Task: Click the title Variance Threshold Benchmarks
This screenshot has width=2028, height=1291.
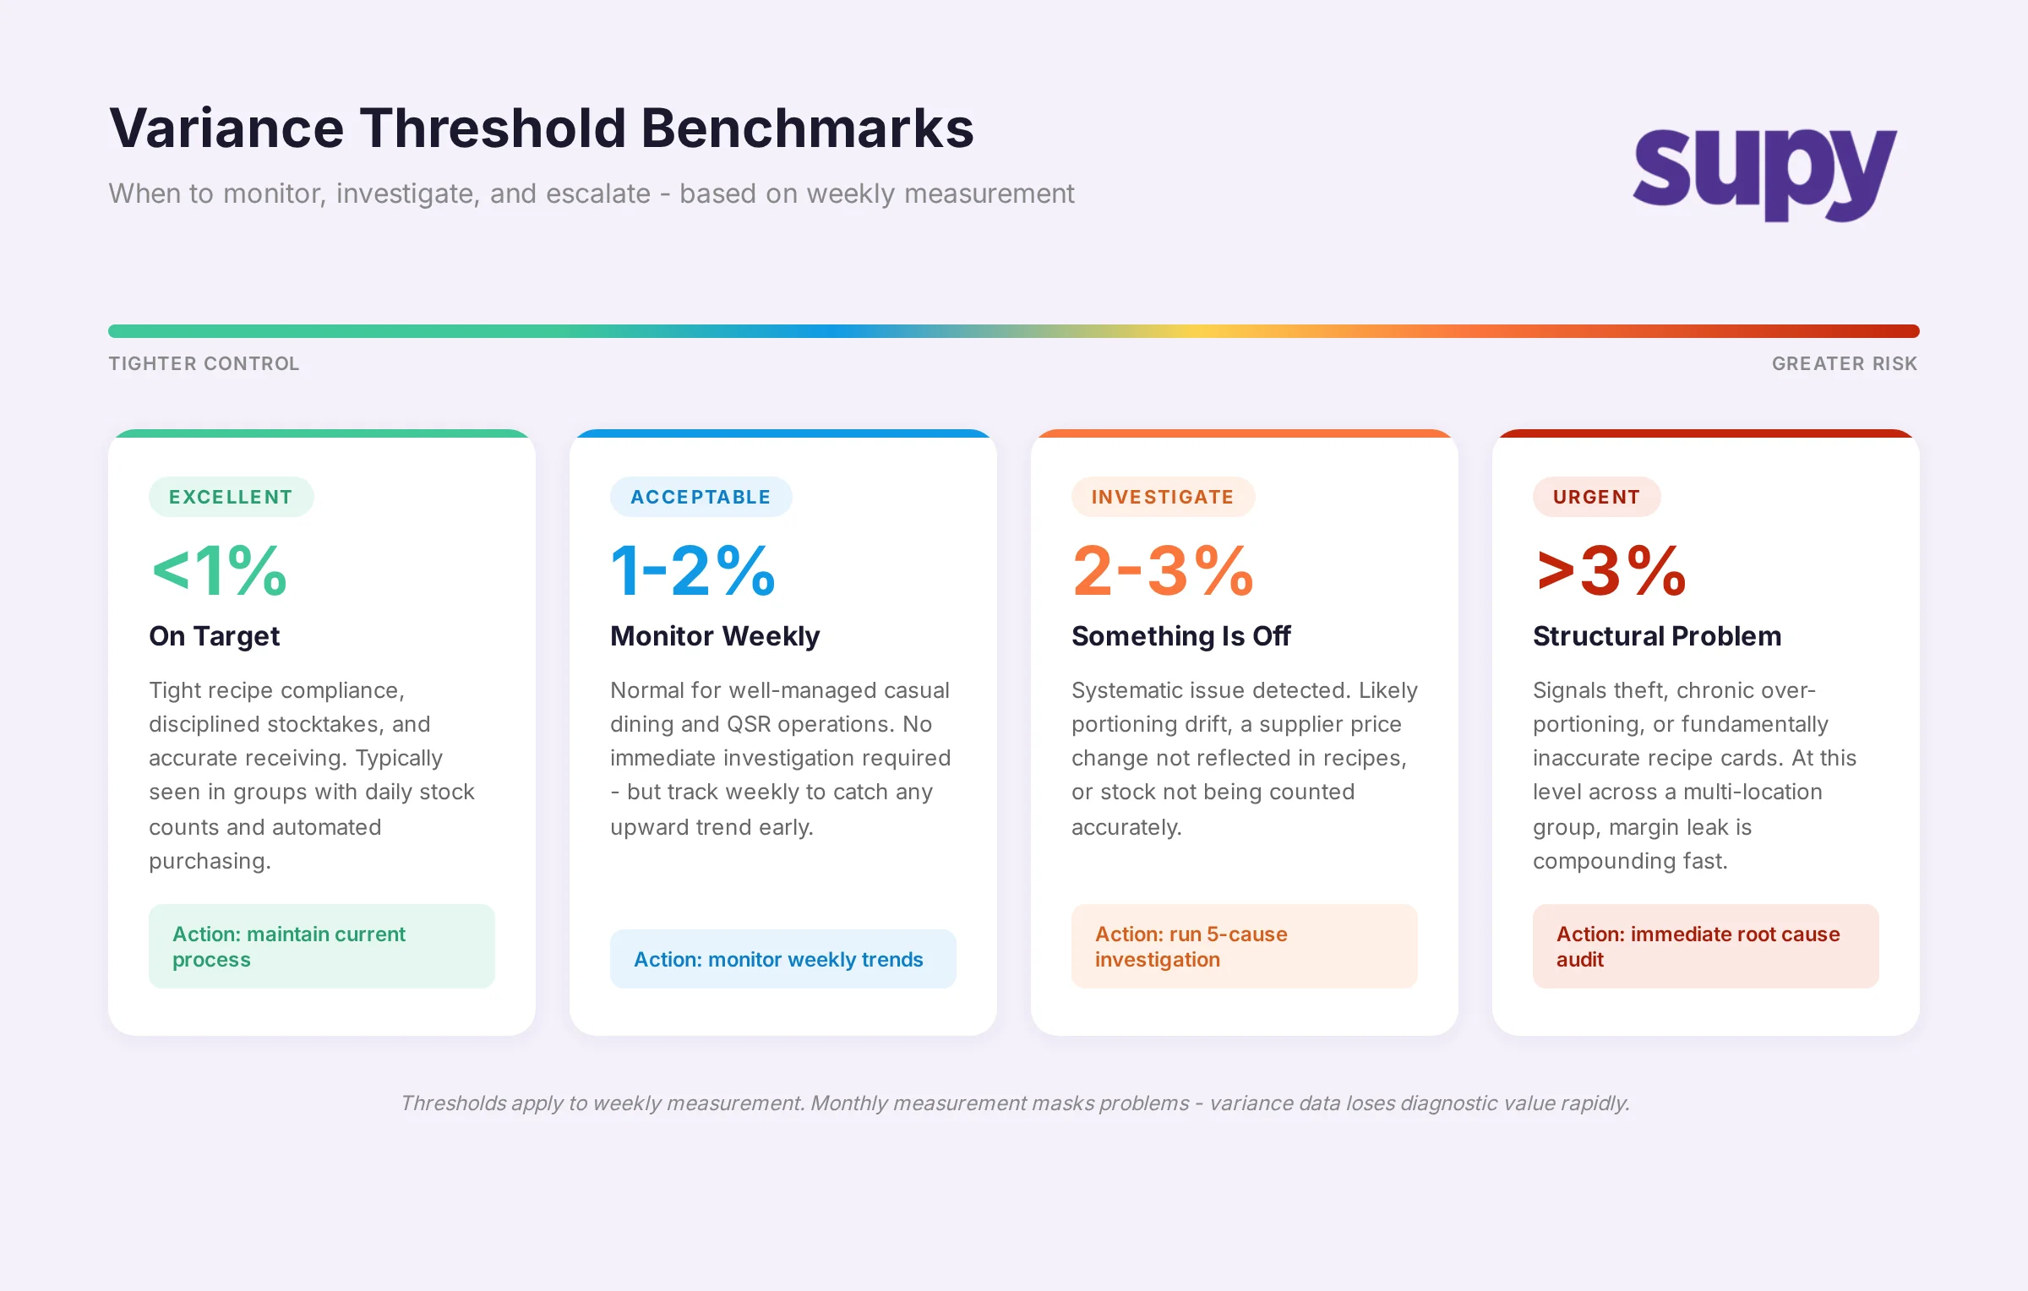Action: (541, 128)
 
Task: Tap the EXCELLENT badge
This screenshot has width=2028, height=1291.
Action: (231, 497)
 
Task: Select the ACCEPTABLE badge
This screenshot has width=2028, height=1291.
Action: (701, 497)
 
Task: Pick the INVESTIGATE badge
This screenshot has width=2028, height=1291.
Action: (1162, 497)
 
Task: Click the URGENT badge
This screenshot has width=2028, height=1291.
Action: (1596, 497)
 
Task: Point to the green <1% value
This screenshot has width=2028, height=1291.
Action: (220, 571)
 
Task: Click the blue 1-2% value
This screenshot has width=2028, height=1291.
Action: (693, 571)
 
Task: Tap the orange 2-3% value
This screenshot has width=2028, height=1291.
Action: (1163, 571)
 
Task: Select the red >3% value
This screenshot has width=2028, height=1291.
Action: (1611, 571)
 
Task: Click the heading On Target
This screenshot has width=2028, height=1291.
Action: (214, 636)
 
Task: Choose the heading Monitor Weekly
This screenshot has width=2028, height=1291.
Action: (715, 636)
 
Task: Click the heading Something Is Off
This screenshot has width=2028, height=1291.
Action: (1180, 636)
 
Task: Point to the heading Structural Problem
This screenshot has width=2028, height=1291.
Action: (1657, 636)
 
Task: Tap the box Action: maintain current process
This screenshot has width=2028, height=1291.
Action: (321, 946)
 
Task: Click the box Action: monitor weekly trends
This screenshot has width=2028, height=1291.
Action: (782, 959)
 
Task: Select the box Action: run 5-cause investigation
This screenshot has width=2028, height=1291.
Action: (1244, 946)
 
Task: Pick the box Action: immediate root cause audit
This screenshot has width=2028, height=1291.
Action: (1705, 946)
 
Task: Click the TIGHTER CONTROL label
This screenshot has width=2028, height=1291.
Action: (204, 364)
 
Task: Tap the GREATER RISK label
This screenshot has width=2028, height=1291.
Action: (1844, 364)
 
